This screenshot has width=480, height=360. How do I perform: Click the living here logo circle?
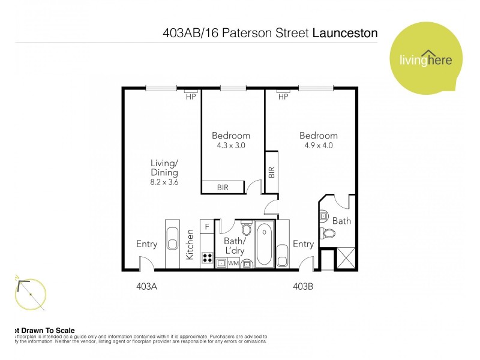426,60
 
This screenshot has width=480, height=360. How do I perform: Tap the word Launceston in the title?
345,33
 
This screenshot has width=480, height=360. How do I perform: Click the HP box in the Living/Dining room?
191,96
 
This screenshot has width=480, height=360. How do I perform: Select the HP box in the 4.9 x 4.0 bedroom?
283,96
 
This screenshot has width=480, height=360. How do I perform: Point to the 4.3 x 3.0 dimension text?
231,145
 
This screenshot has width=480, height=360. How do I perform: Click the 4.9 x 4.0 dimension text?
319,145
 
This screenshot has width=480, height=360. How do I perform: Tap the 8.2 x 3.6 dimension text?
164,182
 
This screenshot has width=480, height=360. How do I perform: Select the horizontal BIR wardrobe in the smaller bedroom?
223,188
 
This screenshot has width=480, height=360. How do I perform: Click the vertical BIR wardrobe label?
271,172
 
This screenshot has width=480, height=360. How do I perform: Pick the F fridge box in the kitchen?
208,227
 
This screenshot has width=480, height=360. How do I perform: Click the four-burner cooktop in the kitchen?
208,257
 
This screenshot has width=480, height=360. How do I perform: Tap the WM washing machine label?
233,263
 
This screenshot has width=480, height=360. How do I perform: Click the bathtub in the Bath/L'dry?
264,244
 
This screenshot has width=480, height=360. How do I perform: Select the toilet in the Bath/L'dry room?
246,229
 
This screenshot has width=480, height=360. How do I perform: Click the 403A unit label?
146,287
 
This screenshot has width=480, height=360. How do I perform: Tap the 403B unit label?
303,287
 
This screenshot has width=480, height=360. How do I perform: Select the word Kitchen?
190,244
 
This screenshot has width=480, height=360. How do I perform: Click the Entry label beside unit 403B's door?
303,244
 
